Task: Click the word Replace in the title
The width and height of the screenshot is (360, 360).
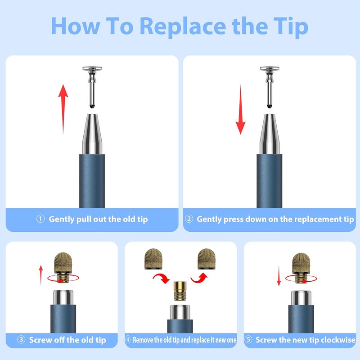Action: [x=183, y=27]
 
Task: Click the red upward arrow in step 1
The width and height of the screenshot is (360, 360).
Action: [x=63, y=109]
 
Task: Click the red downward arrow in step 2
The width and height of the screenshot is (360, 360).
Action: [x=240, y=109]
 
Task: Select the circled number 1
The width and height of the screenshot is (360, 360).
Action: [x=40, y=219]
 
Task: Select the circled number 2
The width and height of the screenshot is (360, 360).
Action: [x=189, y=219]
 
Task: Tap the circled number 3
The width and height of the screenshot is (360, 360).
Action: [x=21, y=339]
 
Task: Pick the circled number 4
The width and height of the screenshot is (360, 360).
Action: [x=128, y=339]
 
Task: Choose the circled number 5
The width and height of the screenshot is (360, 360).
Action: [x=248, y=339]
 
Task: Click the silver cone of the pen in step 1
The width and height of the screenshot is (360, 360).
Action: [x=92, y=134]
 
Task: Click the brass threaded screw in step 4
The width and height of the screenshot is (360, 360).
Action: [x=180, y=291]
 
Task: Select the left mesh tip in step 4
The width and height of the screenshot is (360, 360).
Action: [x=153, y=259]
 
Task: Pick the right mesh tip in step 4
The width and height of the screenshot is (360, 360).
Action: [x=207, y=259]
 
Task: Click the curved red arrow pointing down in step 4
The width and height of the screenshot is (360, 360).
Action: [x=161, y=278]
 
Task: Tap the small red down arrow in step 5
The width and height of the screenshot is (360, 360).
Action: [x=279, y=276]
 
